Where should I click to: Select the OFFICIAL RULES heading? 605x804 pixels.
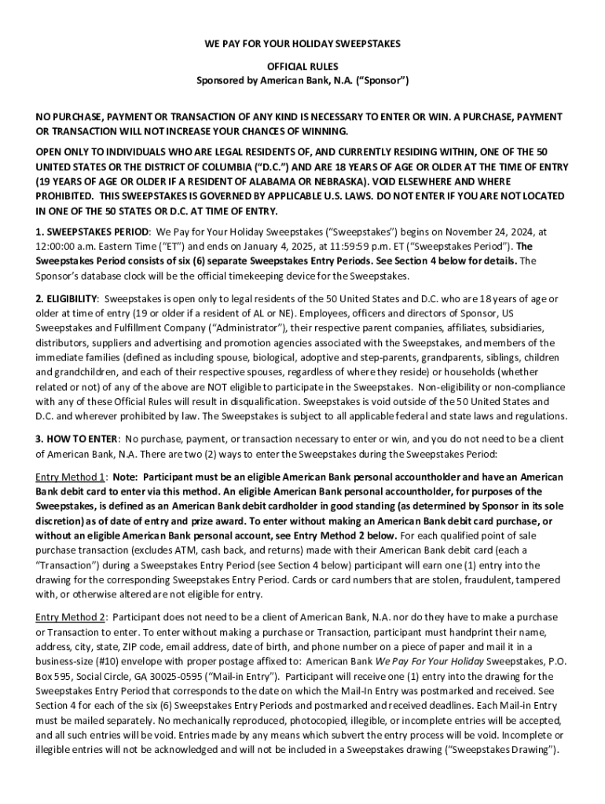(x=302, y=67)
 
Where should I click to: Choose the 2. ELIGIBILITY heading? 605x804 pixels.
(x=67, y=299)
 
